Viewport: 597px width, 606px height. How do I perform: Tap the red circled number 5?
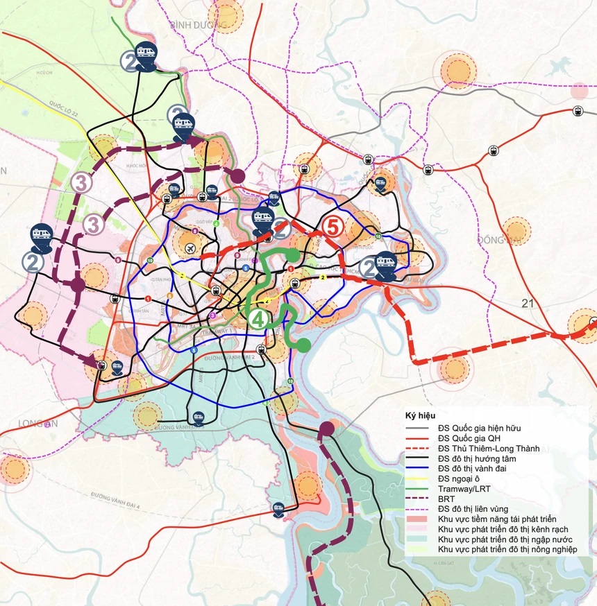pos(333,227)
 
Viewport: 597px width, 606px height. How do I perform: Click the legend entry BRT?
pos(446,499)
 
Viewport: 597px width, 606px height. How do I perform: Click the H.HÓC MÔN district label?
pos(135,166)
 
